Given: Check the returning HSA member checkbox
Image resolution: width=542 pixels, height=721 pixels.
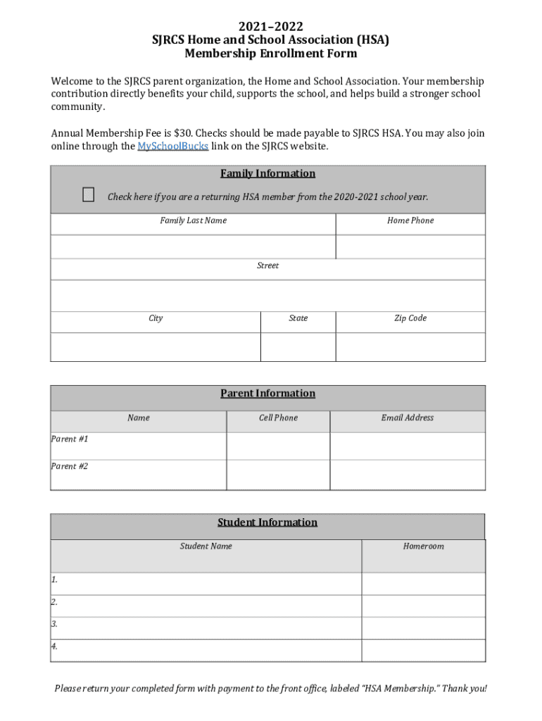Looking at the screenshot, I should [x=88, y=195].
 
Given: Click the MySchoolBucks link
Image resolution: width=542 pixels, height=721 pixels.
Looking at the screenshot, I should [x=172, y=146].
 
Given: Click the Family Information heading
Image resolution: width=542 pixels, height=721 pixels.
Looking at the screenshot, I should [x=267, y=173].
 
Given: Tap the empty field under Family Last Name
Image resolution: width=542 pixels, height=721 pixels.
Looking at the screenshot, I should [x=193, y=246].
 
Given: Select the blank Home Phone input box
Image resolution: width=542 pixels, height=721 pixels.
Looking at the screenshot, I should [x=410, y=246].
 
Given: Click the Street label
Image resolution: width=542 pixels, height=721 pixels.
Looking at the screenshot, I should [x=267, y=265].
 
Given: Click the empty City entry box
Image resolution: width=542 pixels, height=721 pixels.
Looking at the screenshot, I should [x=156, y=346].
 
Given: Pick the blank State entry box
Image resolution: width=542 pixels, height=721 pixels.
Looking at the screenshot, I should [x=298, y=346].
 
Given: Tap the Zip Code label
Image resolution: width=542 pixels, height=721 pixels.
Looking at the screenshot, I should [x=410, y=318].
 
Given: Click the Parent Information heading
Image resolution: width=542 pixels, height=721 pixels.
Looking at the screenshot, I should [x=267, y=394].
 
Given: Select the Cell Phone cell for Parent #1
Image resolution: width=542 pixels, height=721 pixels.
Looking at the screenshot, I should [x=278, y=446].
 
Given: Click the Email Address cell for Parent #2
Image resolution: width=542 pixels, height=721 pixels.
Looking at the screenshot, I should [x=407, y=475].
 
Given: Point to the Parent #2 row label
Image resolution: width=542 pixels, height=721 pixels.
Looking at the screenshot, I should [x=70, y=466].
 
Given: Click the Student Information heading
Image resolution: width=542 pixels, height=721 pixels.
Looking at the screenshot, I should [x=267, y=522].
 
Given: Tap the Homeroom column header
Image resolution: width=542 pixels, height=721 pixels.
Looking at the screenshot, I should [x=423, y=546].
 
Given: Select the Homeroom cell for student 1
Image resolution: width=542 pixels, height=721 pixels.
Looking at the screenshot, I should [x=423, y=584].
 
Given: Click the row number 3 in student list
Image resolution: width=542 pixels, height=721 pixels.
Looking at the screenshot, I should [x=54, y=624].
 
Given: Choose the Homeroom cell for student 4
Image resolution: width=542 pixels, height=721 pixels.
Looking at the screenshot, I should [x=423, y=651].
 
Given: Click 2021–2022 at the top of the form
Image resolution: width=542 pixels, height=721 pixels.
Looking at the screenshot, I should [x=270, y=27].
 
